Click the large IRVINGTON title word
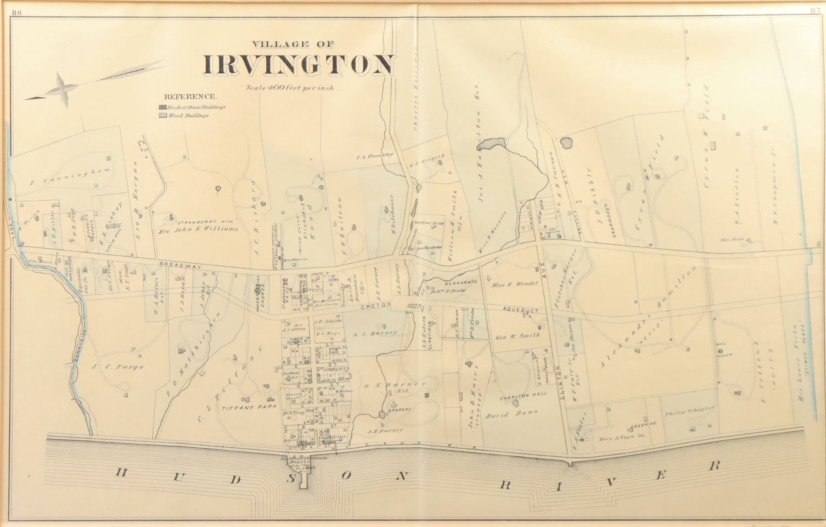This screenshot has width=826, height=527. (x=299, y=65)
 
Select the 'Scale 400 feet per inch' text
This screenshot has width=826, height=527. (x=291, y=87)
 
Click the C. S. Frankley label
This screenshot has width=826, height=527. (x=375, y=155)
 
